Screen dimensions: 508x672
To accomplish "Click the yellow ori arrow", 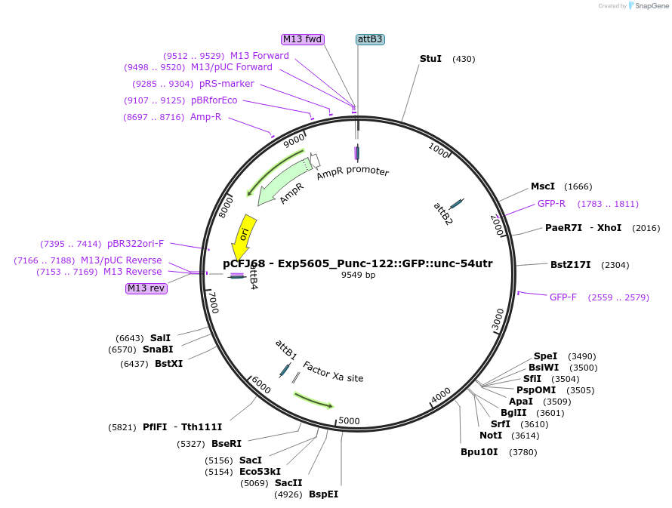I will click(x=245, y=236).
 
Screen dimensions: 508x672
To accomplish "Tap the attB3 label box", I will click(x=370, y=39).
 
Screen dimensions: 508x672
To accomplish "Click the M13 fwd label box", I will click(x=302, y=39).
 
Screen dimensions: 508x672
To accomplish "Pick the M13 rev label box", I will click(x=146, y=288).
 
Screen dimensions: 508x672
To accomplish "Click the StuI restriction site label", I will click(x=430, y=59).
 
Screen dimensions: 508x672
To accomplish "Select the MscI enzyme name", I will click(x=542, y=186).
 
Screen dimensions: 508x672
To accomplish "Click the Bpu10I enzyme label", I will click(x=479, y=452).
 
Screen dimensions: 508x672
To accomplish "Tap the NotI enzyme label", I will click(x=491, y=436).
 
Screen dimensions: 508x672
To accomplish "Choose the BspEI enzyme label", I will click(x=323, y=494).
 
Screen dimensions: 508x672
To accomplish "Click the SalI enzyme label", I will click(x=160, y=337).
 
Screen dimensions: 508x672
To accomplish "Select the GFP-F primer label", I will click(x=563, y=297).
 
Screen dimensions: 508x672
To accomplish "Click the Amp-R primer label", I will click(x=205, y=117).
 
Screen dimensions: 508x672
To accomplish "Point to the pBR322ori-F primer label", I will click(x=135, y=244).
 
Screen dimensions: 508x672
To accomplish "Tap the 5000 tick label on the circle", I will click(x=349, y=420).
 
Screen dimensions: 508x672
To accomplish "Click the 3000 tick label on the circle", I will click(x=497, y=319).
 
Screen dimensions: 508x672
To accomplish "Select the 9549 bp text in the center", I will click(x=358, y=276).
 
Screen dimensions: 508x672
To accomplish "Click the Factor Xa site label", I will click(x=333, y=371).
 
